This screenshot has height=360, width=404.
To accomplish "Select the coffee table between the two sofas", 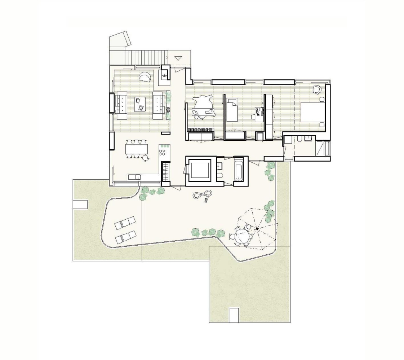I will pos(140,104).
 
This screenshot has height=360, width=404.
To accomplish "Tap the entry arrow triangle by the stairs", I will pos(178,58).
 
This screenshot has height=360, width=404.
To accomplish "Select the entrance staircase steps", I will pos(146,57).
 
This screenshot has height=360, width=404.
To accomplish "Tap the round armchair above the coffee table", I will pos(145,77).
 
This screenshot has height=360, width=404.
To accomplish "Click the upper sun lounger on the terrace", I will pos(125,223).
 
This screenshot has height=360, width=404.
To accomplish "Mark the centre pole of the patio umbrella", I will pos(257,228).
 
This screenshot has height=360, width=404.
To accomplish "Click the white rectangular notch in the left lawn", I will pos(80,204).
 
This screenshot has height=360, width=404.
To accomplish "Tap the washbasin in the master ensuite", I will pos(308,138).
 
